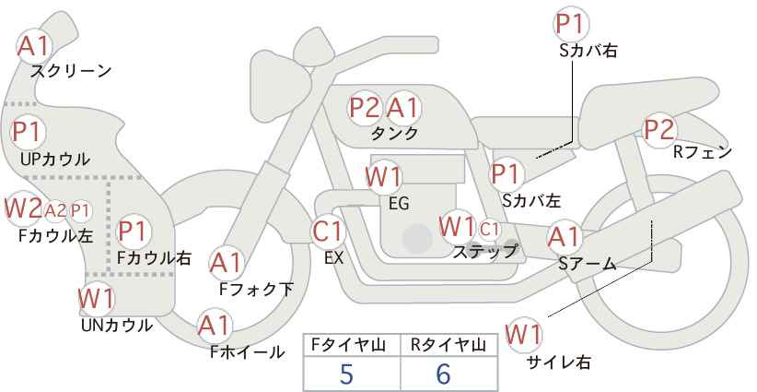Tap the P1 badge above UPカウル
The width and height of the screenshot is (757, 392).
27,132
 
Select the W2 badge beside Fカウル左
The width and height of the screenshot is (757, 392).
23,208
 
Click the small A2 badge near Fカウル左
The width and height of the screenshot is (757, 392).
55,210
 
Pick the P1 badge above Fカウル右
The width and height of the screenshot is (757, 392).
133,230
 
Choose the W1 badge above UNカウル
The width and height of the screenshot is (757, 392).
96,299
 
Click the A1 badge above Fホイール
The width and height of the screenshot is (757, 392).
214,326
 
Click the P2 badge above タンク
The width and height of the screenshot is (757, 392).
365,108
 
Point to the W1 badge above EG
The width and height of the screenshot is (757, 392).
383,176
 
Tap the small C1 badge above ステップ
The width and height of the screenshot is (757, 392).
489,228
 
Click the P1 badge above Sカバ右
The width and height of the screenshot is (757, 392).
572,24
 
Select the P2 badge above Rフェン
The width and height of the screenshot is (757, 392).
659,130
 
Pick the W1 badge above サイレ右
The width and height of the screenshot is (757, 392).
525,332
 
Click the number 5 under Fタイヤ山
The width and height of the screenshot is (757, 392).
346,374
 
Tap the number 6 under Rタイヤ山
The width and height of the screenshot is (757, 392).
443,374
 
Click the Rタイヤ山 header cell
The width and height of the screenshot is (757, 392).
447,345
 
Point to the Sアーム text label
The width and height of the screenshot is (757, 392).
587,264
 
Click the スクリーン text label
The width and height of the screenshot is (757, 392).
71,71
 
